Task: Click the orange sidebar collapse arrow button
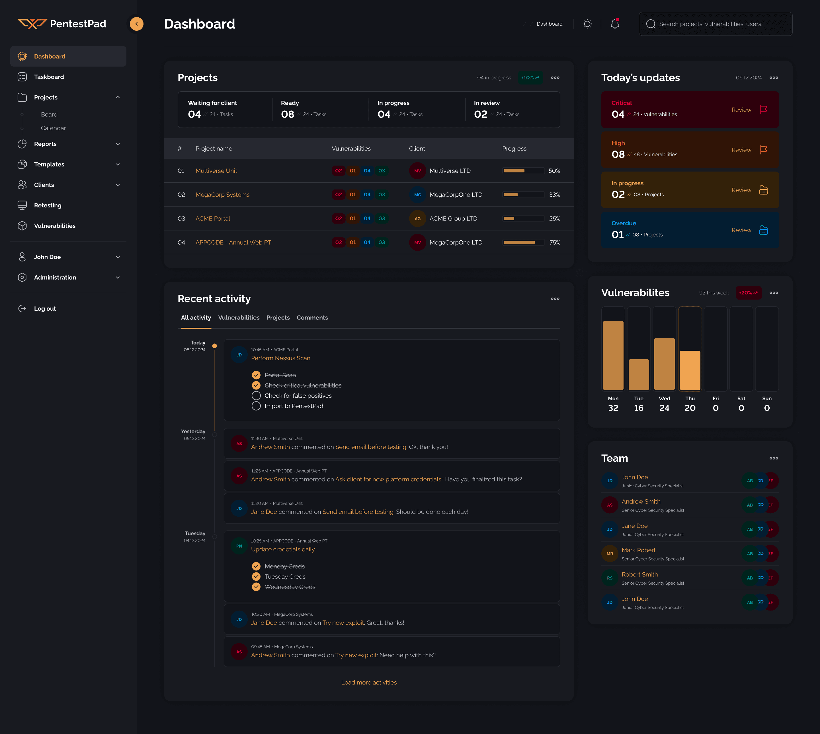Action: pos(136,24)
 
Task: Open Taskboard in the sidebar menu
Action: pos(49,77)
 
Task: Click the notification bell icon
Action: pos(615,24)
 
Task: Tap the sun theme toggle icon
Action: pos(587,24)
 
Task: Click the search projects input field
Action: pos(716,24)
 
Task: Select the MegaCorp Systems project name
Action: pos(222,194)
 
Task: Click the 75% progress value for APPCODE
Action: pos(554,242)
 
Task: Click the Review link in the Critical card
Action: pos(741,110)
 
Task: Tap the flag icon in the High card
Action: pos(763,150)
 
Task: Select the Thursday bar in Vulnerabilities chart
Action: pos(690,370)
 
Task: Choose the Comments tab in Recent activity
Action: pos(312,317)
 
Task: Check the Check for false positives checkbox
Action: pos(256,396)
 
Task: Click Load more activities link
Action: pos(368,683)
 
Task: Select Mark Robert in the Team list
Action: pos(638,550)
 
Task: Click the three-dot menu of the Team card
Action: pos(773,458)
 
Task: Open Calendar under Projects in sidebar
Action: pos(53,128)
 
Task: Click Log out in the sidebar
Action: pos(45,308)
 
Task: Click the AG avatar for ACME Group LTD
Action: pos(417,218)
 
